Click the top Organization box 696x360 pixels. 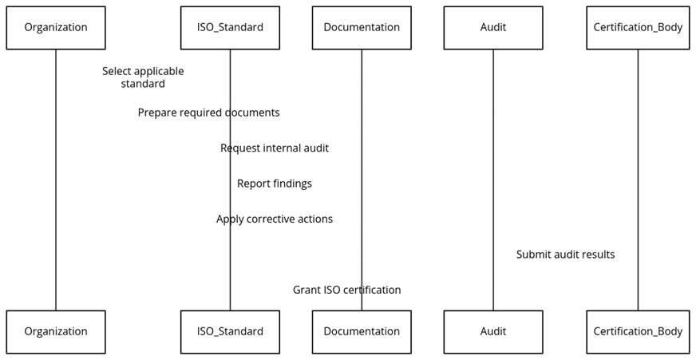[56, 28]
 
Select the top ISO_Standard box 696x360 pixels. [230, 28]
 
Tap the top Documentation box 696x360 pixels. [362, 28]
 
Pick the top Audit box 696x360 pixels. [493, 28]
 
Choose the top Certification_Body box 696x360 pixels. [638, 28]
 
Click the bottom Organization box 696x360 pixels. [56, 332]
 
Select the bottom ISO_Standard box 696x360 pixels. [230, 332]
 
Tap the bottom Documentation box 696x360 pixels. [362, 332]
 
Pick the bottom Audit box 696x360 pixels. [493, 332]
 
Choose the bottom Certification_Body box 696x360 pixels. [638, 332]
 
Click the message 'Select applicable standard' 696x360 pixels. [143, 77]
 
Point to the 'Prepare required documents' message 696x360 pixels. [208, 113]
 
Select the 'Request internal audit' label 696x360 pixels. [275, 148]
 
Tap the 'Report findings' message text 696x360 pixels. [275, 184]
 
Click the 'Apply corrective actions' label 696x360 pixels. [275, 220]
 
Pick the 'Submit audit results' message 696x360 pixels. [565, 255]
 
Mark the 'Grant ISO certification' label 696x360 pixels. [346, 291]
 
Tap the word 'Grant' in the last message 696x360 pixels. [306, 291]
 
